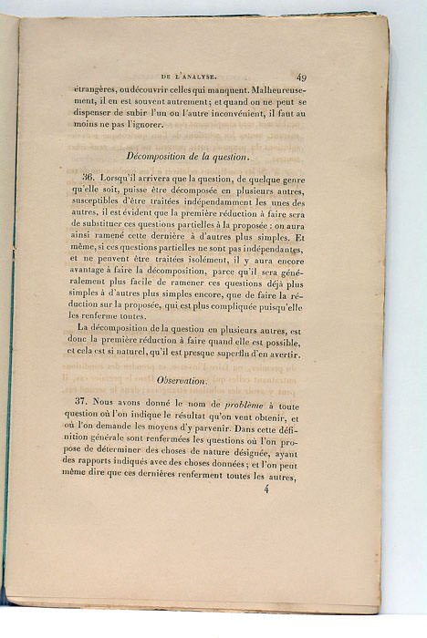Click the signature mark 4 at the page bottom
click(267, 489)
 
